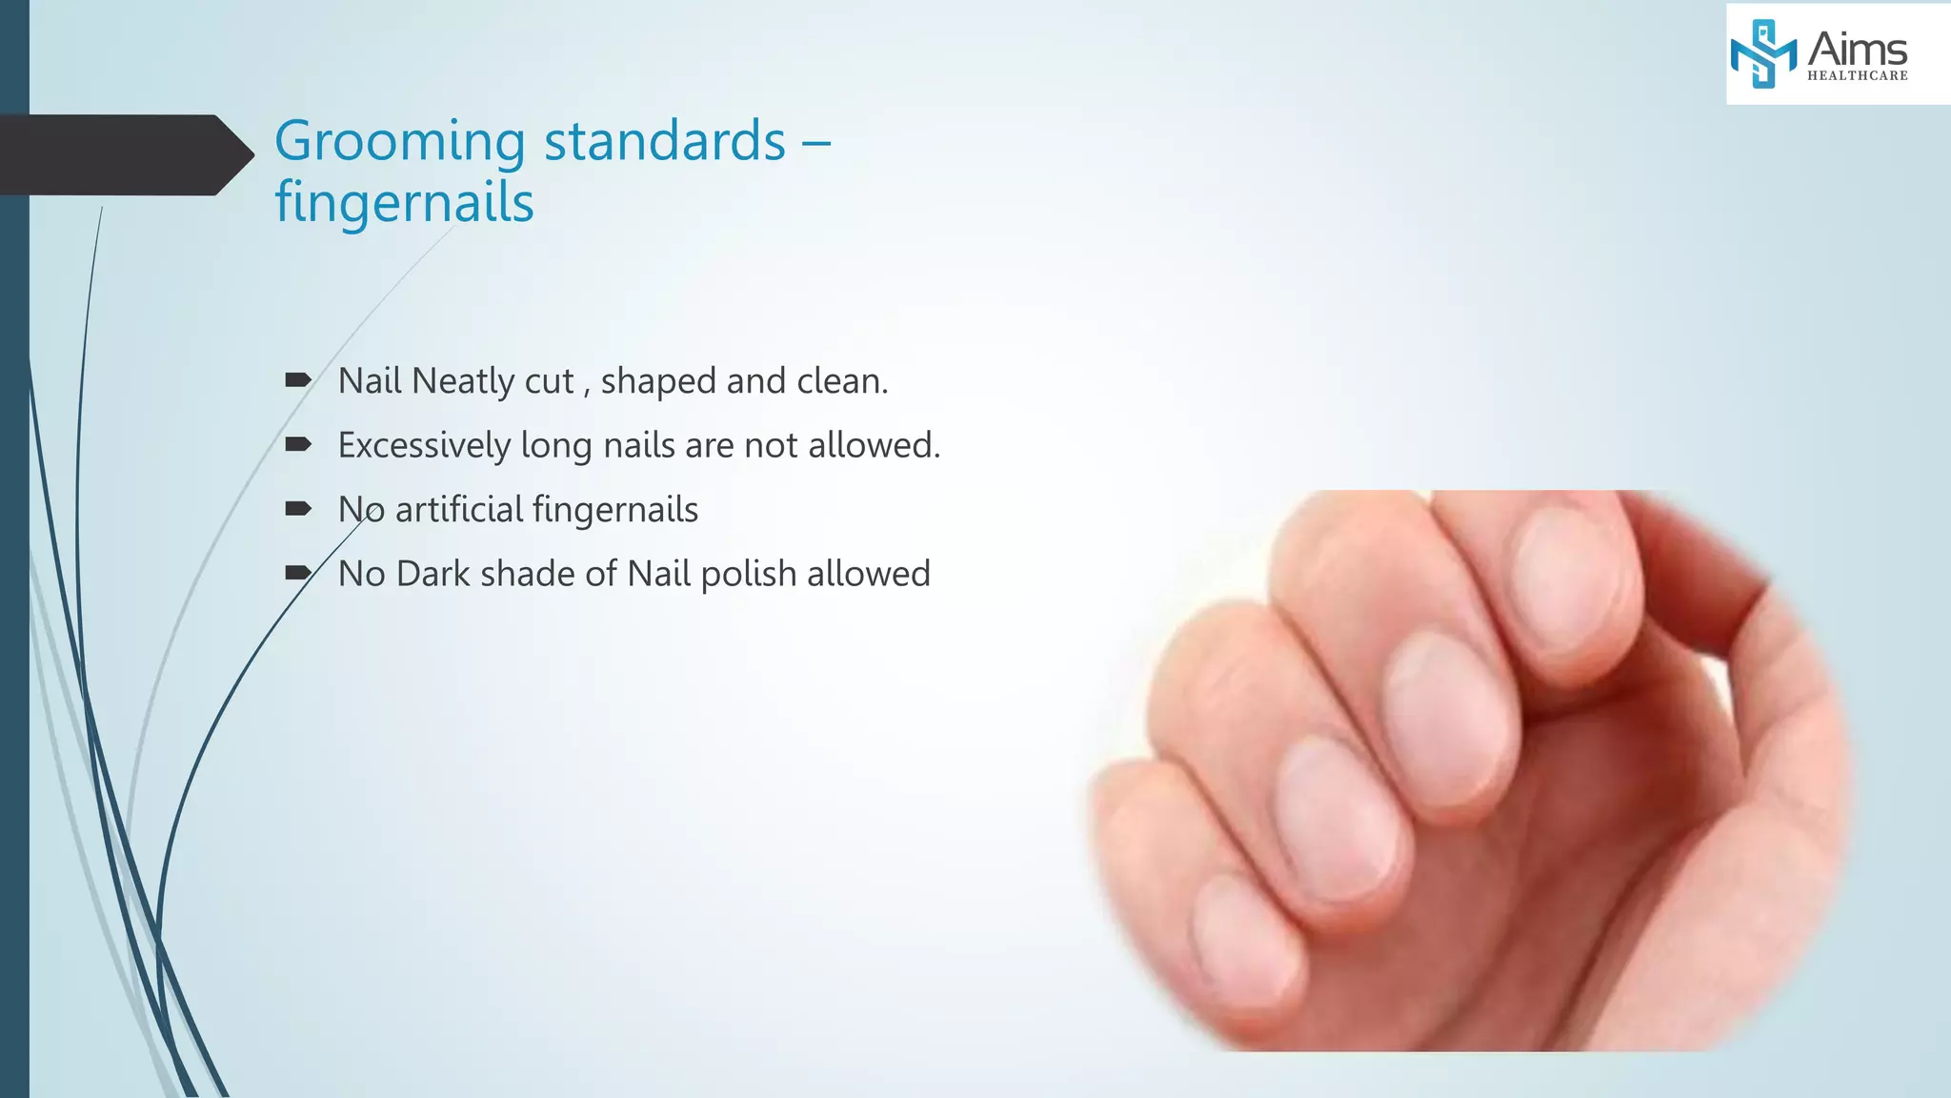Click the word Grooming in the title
(399, 143)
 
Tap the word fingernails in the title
(404, 203)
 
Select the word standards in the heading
(664, 141)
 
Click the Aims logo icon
(1762, 53)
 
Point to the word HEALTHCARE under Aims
(1857, 76)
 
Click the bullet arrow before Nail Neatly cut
(298, 380)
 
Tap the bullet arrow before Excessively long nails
(298, 444)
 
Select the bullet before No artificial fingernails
(298, 509)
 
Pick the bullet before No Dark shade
(298, 573)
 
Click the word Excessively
(424, 445)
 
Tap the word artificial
(458, 509)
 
